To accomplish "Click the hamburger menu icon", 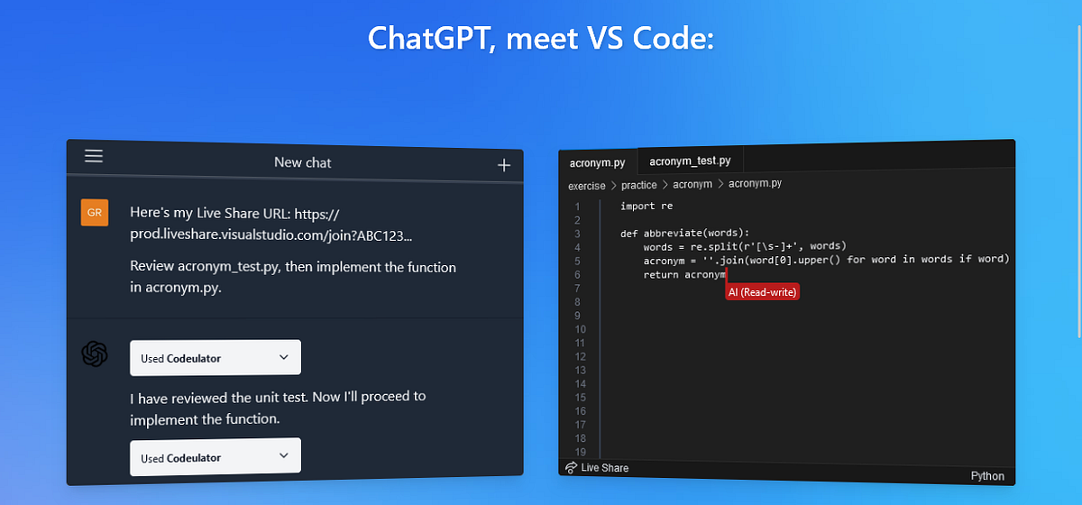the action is click(x=94, y=156).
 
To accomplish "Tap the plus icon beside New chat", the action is click(x=504, y=165).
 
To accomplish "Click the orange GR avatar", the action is click(x=95, y=213).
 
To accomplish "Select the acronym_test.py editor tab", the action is click(x=690, y=161).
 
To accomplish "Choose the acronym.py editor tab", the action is click(x=598, y=163).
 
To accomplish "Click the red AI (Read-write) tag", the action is click(x=762, y=292).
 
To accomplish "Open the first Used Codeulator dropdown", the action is click(x=215, y=358).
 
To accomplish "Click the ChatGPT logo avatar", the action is click(x=95, y=353).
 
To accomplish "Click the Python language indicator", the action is click(x=987, y=476).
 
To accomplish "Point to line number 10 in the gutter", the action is click(x=580, y=329).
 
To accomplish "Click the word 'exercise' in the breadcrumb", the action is click(x=586, y=186).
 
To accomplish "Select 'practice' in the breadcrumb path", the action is click(x=638, y=185).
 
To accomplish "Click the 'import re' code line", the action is click(x=646, y=206).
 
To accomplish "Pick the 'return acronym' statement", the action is click(x=684, y=274).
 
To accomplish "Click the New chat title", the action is click(x=302, y=162).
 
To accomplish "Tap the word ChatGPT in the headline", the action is click(x=429, y=38).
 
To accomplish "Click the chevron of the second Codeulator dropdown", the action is click(x=283, y=455).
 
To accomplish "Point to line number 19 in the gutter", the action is click(x=580, y=453).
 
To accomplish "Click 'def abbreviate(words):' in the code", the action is click(x=684, y=233).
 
